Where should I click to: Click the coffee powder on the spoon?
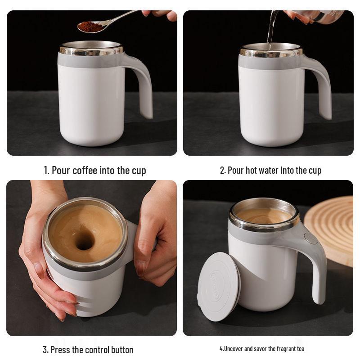90,27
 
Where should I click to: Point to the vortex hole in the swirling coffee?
84,241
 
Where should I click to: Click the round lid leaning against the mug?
219,286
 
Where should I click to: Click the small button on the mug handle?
310,238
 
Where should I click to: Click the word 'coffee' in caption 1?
85,171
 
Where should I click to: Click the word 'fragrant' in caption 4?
282,349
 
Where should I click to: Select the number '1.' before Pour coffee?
46,171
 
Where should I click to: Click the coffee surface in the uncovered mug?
264,216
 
